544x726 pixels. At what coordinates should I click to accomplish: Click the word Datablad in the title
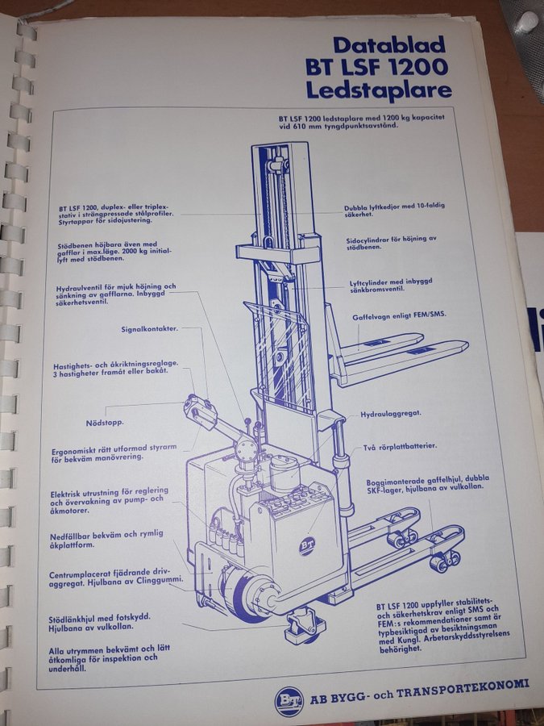(389, 45)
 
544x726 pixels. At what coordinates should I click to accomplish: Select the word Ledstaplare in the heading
(379, 90)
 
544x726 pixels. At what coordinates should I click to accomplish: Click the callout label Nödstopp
(105, 423)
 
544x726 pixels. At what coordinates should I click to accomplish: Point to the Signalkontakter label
(149, 329)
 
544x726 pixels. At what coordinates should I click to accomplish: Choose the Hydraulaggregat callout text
(391, 414)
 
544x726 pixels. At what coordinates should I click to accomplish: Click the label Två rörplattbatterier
(400, 447)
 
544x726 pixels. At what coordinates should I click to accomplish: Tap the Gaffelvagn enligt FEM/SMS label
(399, 315)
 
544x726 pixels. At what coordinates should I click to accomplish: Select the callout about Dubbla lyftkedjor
(394, 210)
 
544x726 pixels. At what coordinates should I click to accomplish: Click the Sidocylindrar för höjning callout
(392, 243)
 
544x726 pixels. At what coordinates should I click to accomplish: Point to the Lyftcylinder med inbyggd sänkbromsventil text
(391, 286)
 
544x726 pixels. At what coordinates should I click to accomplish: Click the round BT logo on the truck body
(307, 546)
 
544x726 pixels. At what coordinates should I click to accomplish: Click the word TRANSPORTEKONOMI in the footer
(462, 689)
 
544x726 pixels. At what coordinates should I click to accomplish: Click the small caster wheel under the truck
(303, 628)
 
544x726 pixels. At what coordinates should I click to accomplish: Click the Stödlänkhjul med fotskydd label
(99, 623)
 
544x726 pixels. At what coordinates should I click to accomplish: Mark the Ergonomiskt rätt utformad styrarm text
(114, 453)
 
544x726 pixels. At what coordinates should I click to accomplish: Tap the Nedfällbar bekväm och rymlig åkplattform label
(106, 540)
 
